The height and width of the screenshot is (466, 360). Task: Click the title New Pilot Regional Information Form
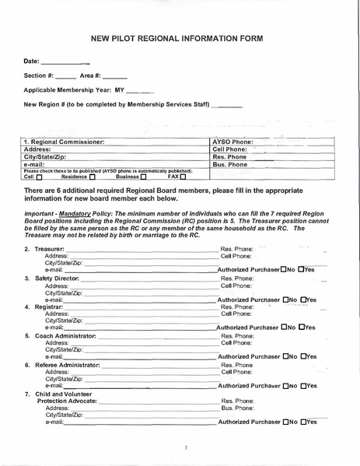pos(177,37)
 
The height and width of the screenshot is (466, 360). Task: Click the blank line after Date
pos(65,61)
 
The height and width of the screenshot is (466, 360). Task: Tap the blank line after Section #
pos(66,75)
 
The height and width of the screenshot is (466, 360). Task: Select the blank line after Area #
pos(114,75)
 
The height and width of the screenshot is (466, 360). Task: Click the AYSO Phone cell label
pos(233,142)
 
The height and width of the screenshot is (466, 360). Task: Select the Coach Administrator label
pos(65,335)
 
